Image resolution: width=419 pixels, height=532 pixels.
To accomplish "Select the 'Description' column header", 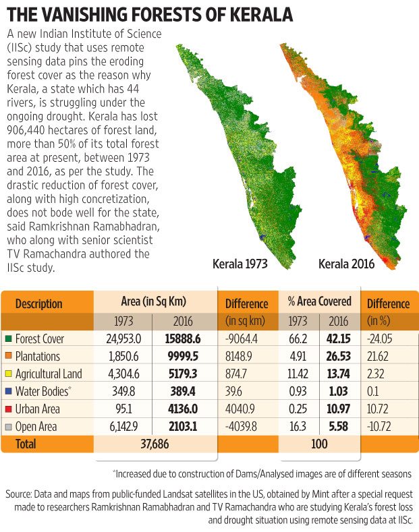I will click(39, 304).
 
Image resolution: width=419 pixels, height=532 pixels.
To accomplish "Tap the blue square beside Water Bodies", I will click(7, 392).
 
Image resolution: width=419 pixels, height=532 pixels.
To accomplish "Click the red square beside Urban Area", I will click(7, 409).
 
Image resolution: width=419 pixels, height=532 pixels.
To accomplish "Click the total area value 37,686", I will click(154, 445).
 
